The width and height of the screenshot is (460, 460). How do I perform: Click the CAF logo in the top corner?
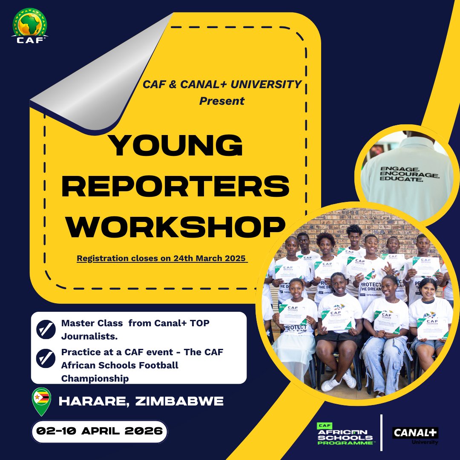[x=30, y=26]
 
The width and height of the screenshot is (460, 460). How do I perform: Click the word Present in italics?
[x=222, y=101]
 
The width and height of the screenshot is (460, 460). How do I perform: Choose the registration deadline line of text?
[x=162, y=259]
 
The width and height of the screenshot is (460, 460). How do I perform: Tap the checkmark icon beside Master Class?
[x=46, y=330]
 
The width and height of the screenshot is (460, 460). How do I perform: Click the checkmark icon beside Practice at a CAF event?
[x=46, y=359]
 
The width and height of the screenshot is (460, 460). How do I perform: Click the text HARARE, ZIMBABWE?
[x=141, y=401]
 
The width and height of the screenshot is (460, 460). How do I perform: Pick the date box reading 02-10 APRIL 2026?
[x=99, y=431]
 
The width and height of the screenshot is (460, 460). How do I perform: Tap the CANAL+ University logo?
[x=415, y=435]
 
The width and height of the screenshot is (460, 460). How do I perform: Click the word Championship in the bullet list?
[x=95, y=378]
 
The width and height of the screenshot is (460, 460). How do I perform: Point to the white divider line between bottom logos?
[x=381, y=432]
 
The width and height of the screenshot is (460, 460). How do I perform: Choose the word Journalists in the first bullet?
[x=89, y=336]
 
